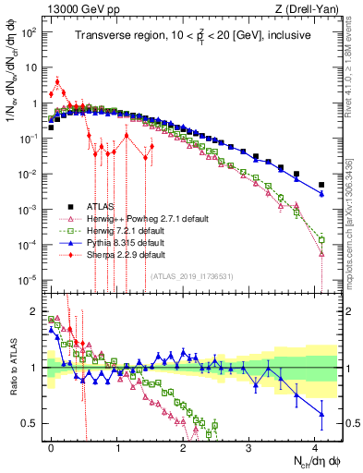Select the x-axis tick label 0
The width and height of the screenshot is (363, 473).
coord(51,446)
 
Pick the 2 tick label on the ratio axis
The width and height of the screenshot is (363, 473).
coord(34,311)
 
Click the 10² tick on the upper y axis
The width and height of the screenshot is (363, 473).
coord(30,33)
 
